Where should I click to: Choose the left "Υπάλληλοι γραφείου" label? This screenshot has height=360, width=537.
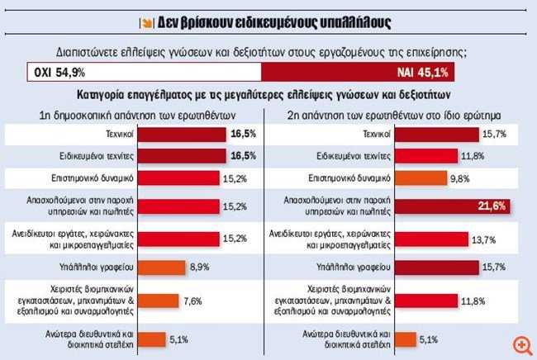(116, 267)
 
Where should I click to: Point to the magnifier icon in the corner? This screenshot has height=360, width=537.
(521, 344)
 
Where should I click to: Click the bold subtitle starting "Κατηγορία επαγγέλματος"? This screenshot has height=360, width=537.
(268, 95)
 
